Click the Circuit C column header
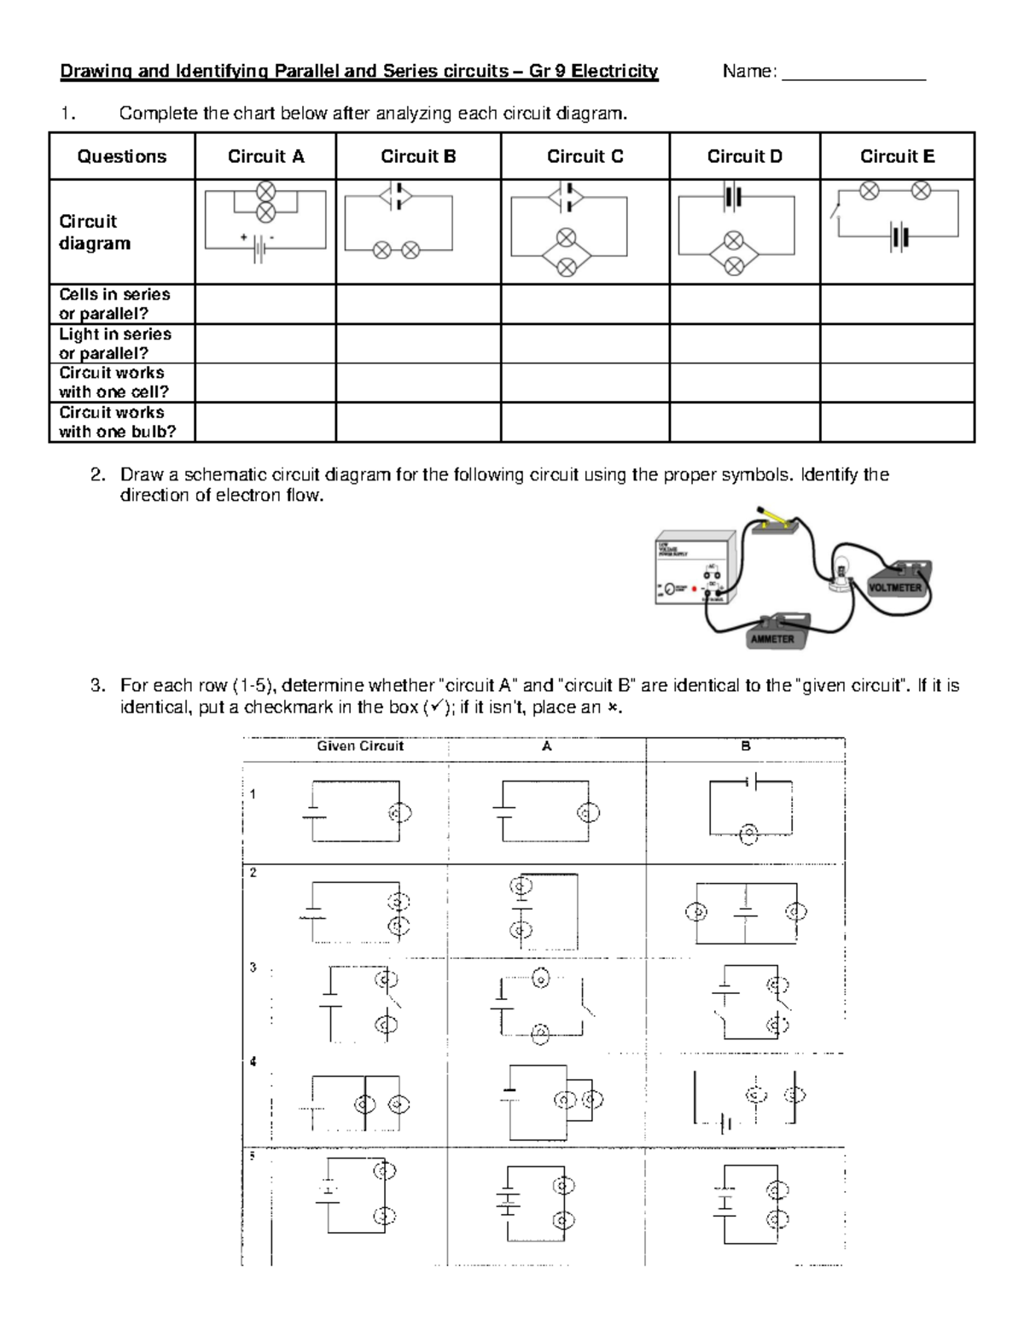[585, 156]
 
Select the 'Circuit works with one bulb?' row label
[117, 422]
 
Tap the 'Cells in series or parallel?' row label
[114, 304]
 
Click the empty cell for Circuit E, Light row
[896, 344]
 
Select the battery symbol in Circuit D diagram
[733, 198]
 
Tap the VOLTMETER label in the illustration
[894, 588]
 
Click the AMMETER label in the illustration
[772, 638]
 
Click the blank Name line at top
[853, 73]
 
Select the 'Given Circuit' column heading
[360, 747]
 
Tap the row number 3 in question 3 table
[253, 968]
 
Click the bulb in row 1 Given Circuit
[399, 813]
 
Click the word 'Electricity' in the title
[614, 71]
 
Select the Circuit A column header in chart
[265, 156]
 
